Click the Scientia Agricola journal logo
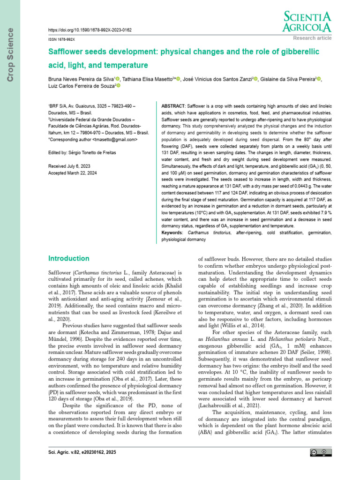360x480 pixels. (307, 22)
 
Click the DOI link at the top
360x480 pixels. (91, 30)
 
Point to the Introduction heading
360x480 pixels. (69, 258)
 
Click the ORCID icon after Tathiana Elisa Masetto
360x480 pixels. (179, 79)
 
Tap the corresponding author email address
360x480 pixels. (115, 139)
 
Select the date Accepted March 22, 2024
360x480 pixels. (73, 172)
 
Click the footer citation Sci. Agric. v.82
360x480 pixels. (82, 452)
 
